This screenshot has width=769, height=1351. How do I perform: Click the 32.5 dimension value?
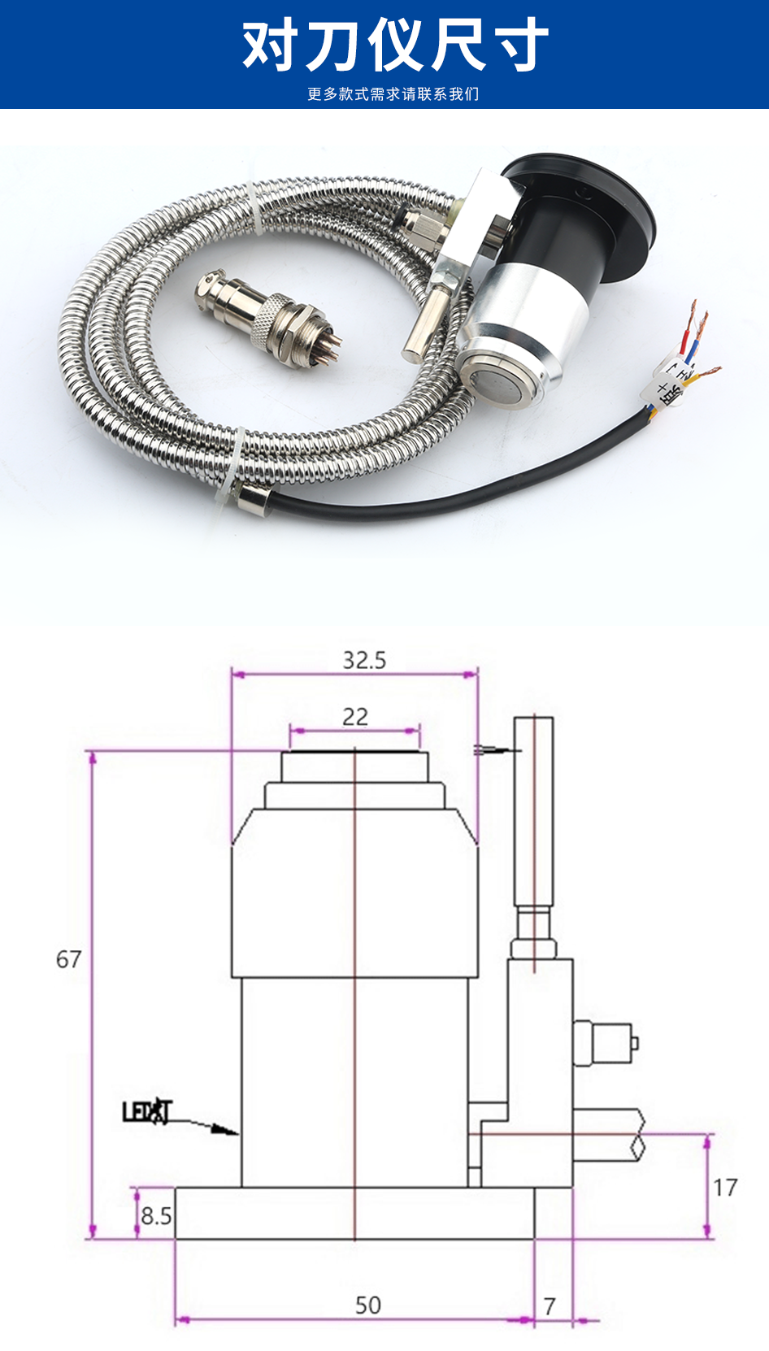click(363, 660)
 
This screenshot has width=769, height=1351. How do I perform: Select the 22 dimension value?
click(355, 717)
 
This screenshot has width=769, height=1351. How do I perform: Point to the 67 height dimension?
click(68, 959)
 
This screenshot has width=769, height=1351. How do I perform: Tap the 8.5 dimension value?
click(156, 1216)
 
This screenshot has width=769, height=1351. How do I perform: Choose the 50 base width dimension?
click(367, 1305)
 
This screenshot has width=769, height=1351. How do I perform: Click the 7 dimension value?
click(550, 1306)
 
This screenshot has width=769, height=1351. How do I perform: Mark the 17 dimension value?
click(725, 1188)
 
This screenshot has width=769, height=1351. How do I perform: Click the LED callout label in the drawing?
click(147, 1111)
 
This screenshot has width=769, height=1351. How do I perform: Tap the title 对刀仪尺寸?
click(395, 46)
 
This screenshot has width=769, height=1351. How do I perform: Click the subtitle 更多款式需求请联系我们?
click(393, 94)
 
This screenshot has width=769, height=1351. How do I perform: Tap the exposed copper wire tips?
click(697, 325)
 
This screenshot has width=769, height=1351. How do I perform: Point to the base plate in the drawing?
click(355, 1213)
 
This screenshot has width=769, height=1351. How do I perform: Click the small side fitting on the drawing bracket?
click(606, 1043)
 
